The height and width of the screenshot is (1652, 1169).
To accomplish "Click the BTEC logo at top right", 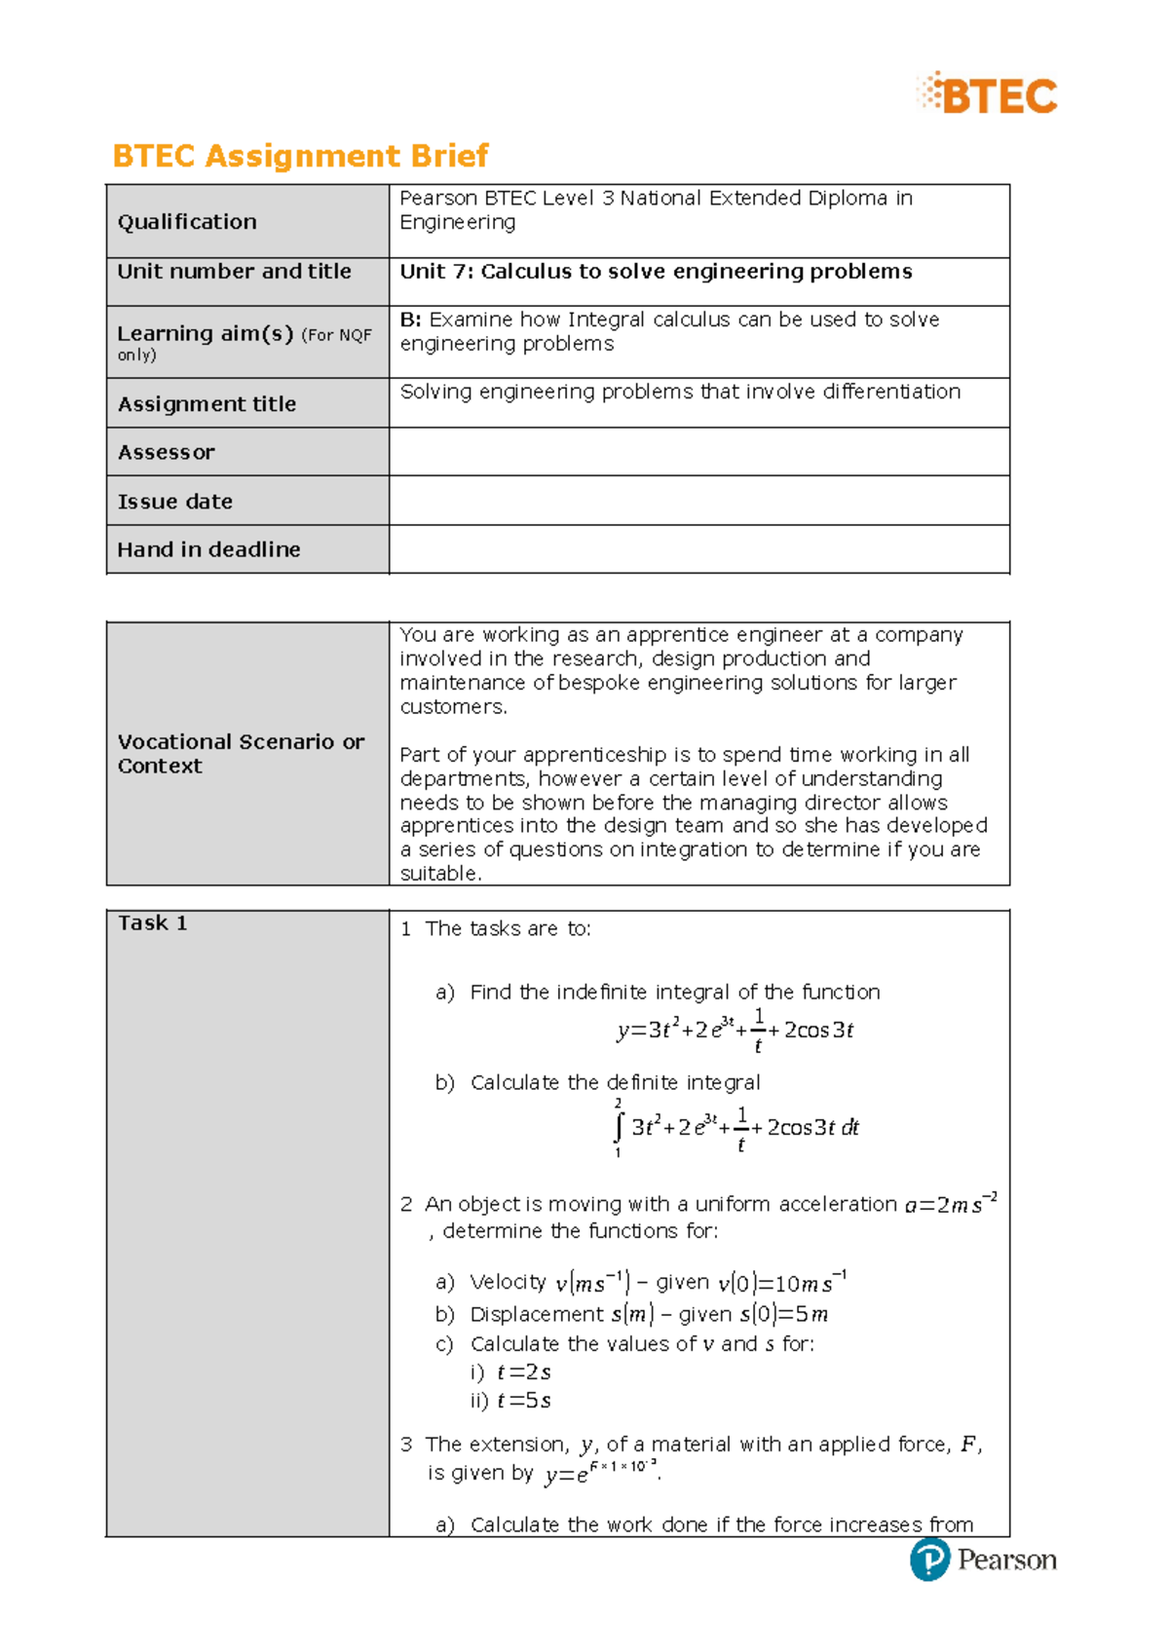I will (x=987, y=94).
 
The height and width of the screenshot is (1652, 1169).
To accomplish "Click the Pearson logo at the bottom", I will (x=983, y=1559).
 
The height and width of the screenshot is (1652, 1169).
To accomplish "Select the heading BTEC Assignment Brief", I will (x=300, y=156).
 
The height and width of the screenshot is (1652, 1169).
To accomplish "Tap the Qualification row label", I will (x=187, y=222).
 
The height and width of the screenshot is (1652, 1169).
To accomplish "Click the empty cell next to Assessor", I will (x=698, y=452).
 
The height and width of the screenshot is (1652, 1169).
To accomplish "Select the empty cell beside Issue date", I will (x=698, y=501).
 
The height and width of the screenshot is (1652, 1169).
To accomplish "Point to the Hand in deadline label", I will (x=208, y=549).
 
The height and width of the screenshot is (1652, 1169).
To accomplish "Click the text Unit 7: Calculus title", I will (x=656, y=272).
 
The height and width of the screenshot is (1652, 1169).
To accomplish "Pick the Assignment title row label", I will (x=207, y=404).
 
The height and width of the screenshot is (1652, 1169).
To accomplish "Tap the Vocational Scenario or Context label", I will (x=241, y=754).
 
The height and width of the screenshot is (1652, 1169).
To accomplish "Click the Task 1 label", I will (x=152, y=923).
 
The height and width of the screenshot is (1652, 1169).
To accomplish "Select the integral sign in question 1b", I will (x=618, y=1127).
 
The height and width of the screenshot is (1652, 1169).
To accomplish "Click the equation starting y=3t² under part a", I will (x=735, y=1031).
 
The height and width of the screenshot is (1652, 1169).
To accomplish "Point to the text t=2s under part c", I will (x=524, y=1372).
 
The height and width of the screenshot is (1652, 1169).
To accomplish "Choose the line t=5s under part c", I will (x=524, y=1401).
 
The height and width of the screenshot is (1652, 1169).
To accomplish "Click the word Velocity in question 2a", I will (x=508, y=1282).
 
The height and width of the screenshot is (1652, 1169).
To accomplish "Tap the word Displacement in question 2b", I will (x=537, y=1314).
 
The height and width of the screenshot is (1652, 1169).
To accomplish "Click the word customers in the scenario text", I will (x=452, y=707).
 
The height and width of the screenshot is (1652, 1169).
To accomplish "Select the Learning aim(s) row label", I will (x=205, y=334).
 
